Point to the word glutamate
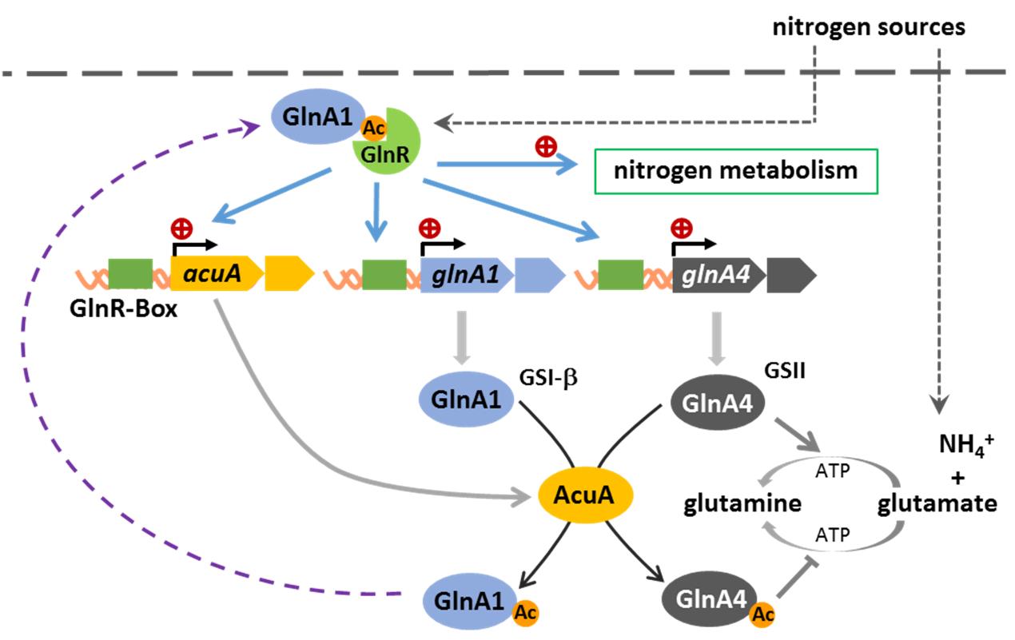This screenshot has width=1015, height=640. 936,504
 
